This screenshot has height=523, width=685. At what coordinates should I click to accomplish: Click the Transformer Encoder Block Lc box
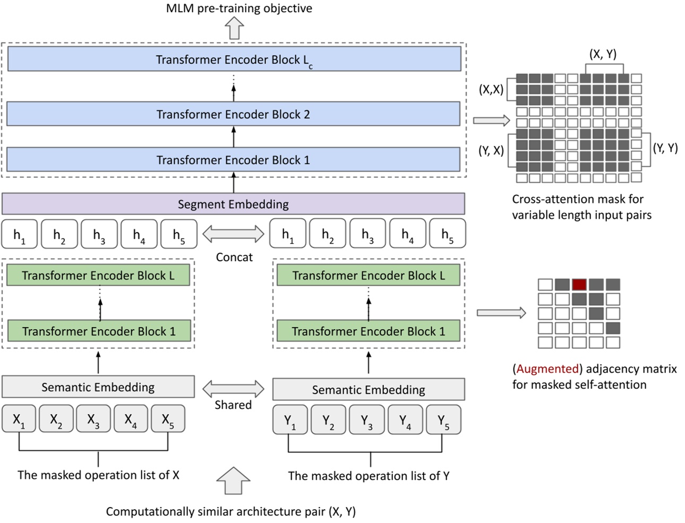point(234,59)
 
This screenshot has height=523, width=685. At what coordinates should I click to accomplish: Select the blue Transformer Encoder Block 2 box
point(234,114)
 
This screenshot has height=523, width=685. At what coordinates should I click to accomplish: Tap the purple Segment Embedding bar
point(234,204)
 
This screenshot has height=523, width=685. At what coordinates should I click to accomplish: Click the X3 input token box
point(93,419)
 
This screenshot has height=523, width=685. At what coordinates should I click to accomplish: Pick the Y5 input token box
point(443,420)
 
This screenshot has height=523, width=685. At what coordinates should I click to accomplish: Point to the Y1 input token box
point(290,420)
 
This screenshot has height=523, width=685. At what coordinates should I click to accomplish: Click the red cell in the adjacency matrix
point(579,285)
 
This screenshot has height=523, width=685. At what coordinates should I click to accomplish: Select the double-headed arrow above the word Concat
point(234,233)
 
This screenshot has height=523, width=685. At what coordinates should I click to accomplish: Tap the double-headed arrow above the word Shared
point(234,388)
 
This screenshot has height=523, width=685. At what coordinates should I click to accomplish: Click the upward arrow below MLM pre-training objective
point(234,28)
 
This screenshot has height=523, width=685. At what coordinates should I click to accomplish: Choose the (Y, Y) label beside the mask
point(665,148)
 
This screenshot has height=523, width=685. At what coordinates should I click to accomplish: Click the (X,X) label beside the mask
point(491,90)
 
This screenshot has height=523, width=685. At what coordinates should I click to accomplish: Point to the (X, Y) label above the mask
point(603,54)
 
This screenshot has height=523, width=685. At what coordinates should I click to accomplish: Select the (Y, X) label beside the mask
point(491,151)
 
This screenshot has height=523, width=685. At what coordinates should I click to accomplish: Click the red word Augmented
point(547,368)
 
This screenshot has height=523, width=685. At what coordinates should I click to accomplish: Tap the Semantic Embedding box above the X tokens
point(98,387)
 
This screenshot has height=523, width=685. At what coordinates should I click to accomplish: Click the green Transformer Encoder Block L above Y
point(369,276)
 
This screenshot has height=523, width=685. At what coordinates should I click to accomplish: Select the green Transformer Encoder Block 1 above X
point(98,331)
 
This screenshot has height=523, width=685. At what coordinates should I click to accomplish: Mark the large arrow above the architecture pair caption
point(234,480)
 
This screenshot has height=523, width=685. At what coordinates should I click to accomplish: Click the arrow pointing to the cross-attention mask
point(491,121)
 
